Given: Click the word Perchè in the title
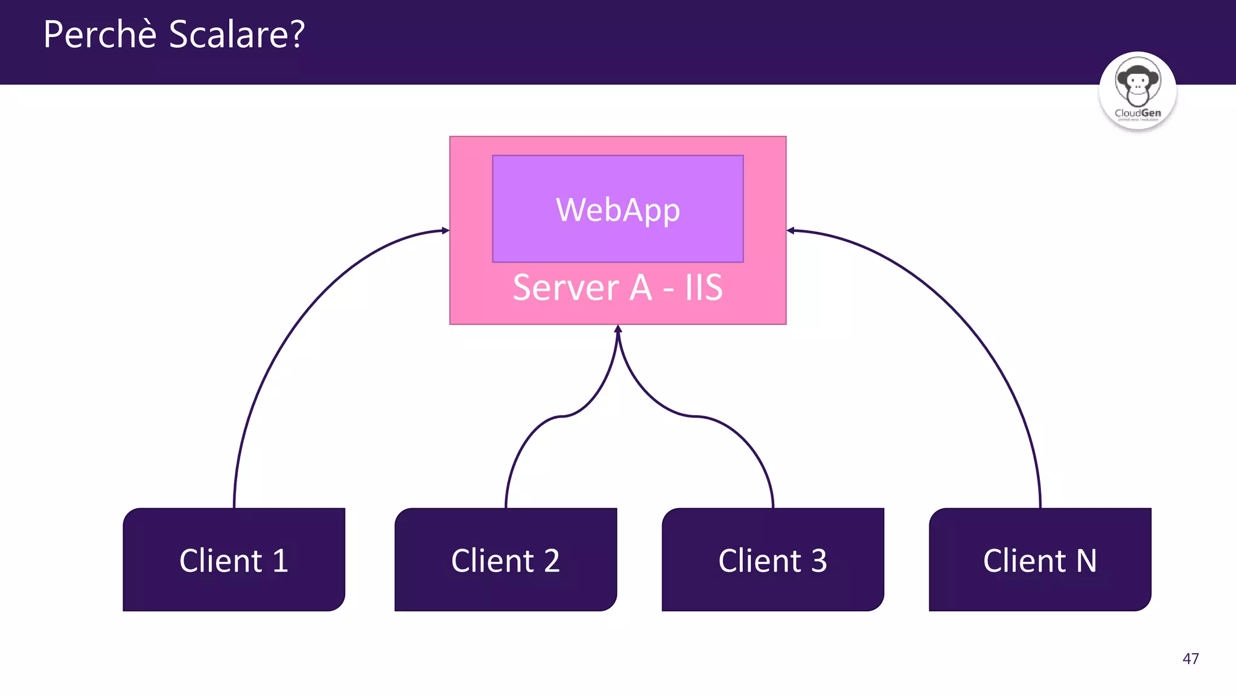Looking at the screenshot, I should click(x=100, y=34).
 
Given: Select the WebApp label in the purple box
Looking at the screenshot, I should click(x=618, y=210).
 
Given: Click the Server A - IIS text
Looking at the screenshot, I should click(x=617, y=288).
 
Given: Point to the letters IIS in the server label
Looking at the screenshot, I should click(x=704, y=288).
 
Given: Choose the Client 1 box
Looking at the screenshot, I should click(x=234, y=559).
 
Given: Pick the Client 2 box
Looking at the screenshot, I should click(x=505, y=559).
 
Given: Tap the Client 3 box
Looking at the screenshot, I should click(x=772, y=559).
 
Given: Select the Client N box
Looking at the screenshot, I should click(x=1040, y=559).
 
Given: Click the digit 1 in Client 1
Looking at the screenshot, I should click(x=280, y=561).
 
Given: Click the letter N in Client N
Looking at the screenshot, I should click(x=1086, y=561).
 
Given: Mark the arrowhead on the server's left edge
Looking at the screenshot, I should click(x=445, y=230).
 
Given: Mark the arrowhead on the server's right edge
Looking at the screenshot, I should click(x=791, y=230).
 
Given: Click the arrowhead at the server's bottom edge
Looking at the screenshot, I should click(x=618, y=329).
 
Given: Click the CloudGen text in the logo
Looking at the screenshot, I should click(x=1138, y=113).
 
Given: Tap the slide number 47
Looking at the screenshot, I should click(x=1190, y=659).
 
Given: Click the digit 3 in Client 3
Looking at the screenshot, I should click(x=819, y=561).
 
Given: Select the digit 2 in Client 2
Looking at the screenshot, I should click(x=552, y=561).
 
